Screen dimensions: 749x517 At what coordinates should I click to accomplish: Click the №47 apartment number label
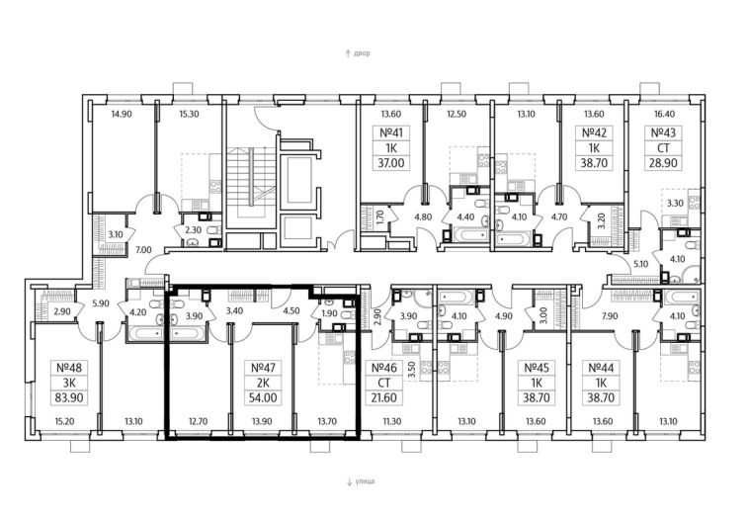point(263,368)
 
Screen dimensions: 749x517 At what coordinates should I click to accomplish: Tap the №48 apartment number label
point(70,368)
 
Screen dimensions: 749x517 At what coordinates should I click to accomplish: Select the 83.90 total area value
point(70,397)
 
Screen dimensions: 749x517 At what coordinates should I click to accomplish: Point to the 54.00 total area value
point(263,397)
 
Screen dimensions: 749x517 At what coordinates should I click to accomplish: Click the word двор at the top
point(362,53)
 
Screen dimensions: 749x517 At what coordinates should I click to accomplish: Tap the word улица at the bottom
point(365,481)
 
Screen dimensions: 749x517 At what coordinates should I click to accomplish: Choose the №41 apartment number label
point(391,132)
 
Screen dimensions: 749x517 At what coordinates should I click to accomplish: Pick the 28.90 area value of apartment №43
point(663,163)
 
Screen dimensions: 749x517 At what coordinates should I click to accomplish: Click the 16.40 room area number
point(663,115)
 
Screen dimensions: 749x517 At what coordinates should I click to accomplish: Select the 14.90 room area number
point(122,115)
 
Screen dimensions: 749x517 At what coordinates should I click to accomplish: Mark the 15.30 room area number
point(189,115)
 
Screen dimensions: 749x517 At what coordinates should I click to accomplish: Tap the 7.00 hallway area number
point(143,250)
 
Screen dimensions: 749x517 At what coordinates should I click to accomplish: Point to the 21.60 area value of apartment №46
point(384,397)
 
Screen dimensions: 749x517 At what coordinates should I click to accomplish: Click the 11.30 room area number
point(391,421)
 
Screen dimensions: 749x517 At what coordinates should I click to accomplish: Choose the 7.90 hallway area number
point(610,316)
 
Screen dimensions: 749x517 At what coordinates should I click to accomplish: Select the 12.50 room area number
point(457,115)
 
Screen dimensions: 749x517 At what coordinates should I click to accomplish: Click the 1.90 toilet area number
point(330,313)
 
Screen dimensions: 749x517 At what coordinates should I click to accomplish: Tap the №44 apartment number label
point(601,368)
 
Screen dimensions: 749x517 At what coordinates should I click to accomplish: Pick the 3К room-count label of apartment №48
point(70,383)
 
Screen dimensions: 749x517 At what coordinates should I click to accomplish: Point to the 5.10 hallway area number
point(641,264)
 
